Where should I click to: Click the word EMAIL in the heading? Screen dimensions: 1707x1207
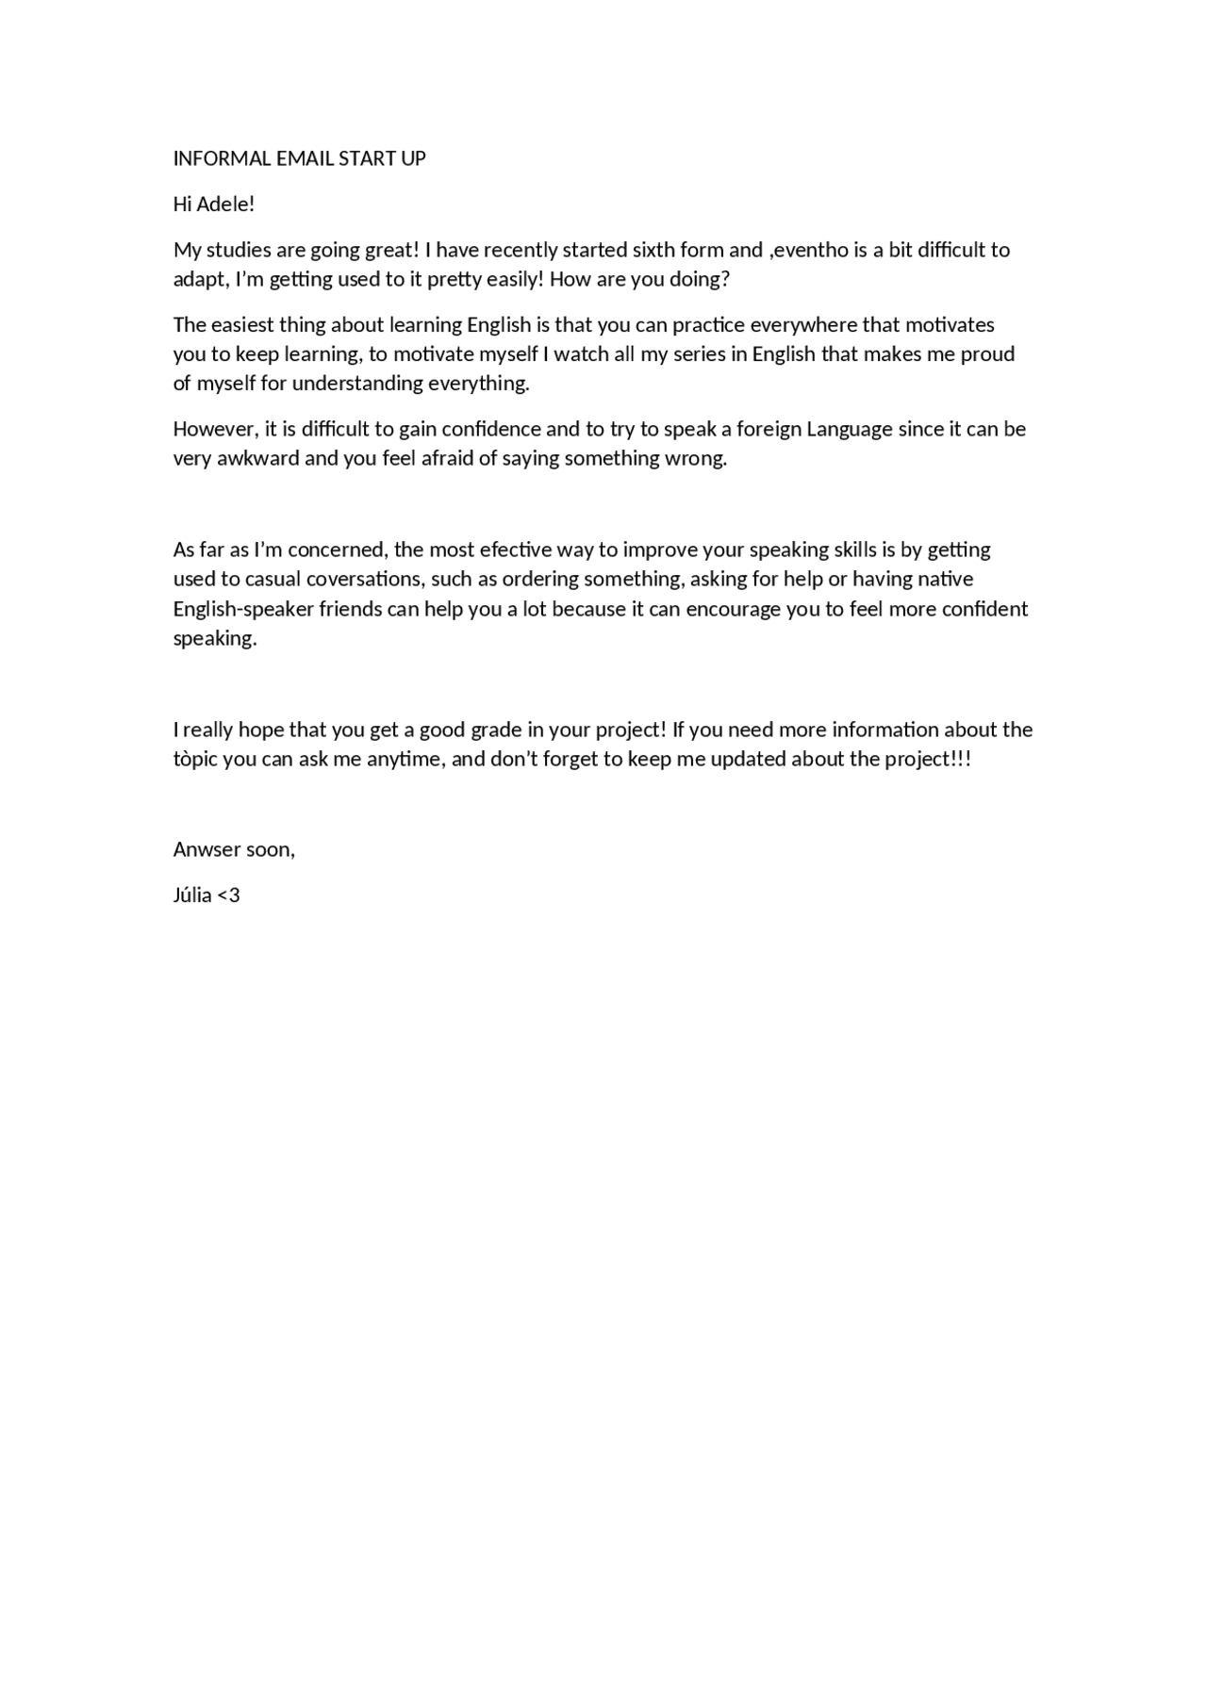coord(305,158)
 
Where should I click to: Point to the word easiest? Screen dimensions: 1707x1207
coord(242,324)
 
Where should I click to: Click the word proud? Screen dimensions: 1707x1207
coord(987,353)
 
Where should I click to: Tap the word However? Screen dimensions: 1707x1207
coord(214,429)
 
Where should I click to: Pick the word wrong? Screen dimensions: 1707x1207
coord(697,458)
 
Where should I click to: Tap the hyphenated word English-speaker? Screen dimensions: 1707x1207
coord(242,609)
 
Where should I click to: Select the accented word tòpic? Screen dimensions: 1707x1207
coord(195,759)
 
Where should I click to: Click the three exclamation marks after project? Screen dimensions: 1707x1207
coord(962,759)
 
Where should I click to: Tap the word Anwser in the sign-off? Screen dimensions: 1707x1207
coord(207,849)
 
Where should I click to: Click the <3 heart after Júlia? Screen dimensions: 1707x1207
coord(229,895)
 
